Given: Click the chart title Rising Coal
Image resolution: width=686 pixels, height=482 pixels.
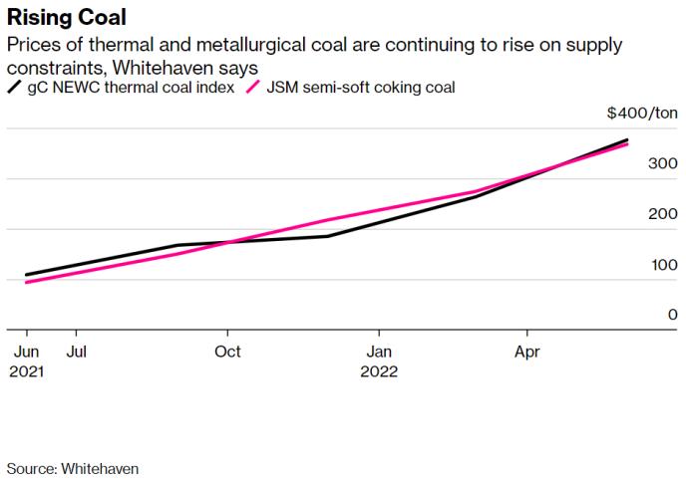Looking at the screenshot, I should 67,18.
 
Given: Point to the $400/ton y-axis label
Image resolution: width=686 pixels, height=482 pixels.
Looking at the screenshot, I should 641,115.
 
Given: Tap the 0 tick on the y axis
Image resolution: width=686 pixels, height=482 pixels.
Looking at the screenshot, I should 673,315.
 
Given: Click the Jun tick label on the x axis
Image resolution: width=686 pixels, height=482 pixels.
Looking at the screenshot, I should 26,352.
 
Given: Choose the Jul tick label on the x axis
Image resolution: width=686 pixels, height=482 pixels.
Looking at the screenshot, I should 76,352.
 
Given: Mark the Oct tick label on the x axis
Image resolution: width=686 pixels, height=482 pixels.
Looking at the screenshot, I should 228,352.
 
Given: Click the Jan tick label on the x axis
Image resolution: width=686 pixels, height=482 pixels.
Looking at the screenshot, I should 379,352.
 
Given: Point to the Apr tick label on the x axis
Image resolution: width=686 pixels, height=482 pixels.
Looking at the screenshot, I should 528,352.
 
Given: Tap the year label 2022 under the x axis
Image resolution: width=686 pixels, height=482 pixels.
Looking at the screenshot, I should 380,371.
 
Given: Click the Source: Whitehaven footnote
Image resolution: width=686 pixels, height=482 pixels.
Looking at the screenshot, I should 73,467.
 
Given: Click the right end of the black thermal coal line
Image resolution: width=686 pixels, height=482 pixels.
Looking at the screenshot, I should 627,140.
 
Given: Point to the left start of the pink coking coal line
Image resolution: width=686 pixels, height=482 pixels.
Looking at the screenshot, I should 27,282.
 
